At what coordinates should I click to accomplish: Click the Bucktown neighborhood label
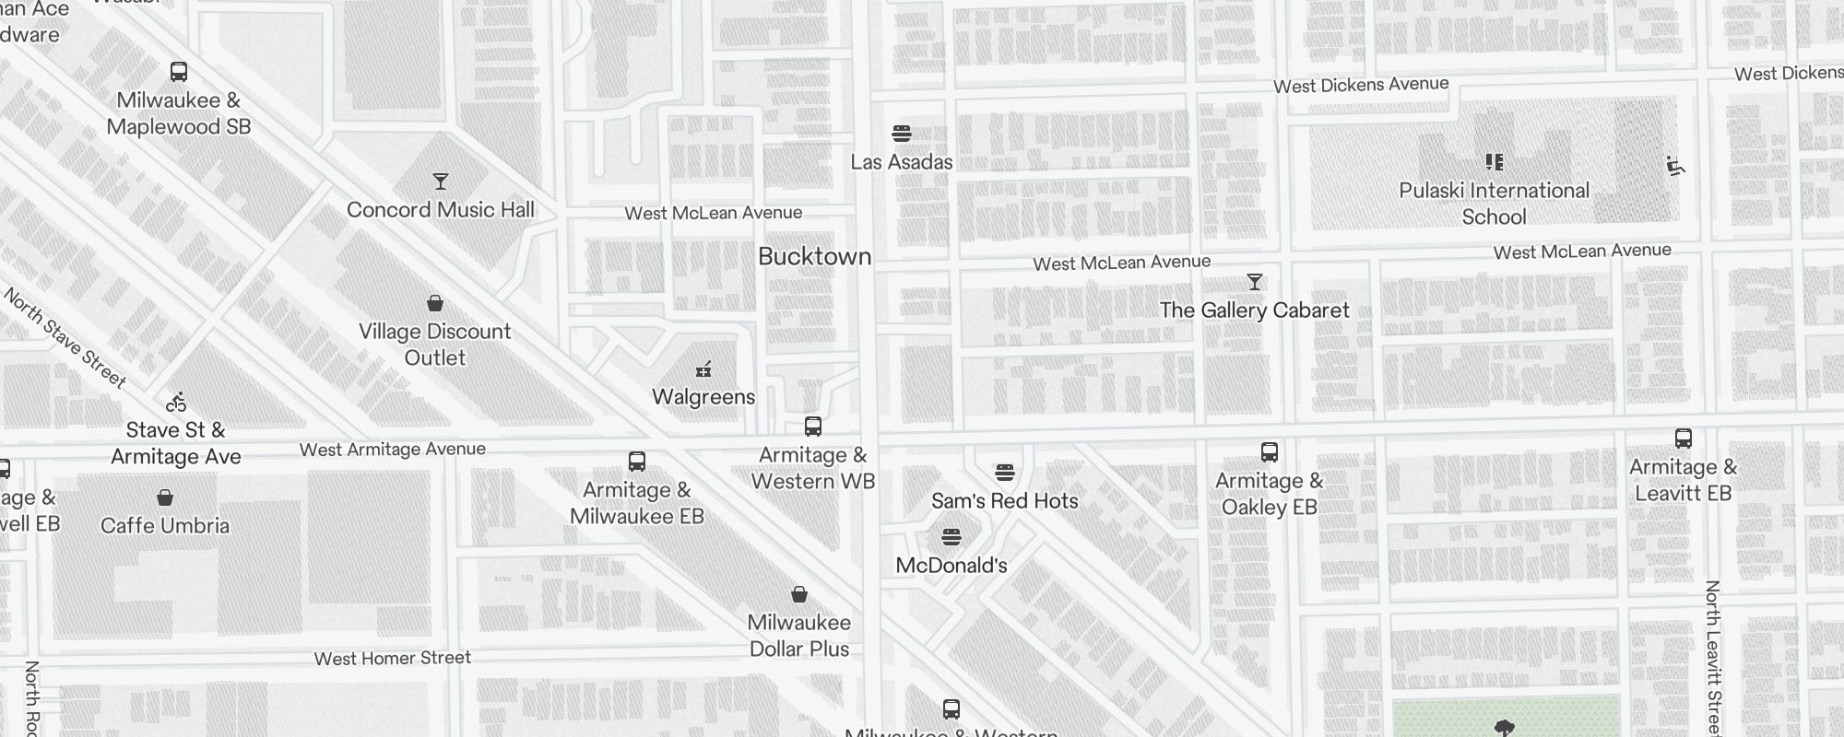tap(814, 256)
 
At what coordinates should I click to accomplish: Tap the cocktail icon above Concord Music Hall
tap(441, 181)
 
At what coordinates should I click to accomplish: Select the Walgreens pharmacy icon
tap(703, 370)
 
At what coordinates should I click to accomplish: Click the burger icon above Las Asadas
tap(902, 134)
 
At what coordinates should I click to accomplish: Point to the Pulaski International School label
tap(1494, 204)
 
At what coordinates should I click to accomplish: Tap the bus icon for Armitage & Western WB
tap(812, 427)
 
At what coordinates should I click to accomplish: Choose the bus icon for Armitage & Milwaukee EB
tap(636, 462)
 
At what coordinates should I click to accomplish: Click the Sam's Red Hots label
tap(1004, 501)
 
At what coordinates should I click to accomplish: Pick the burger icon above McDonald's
tap(952, 537)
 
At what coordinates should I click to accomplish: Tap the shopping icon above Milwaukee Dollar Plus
tap(799, 594)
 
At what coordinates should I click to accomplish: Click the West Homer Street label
tap(392, 658)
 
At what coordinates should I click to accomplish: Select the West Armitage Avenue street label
tap(392, 450)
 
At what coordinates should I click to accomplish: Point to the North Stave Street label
tap(65, 338)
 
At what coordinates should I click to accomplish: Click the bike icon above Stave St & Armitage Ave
tap(176, 402)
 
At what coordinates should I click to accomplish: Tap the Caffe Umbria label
tap(165, 526)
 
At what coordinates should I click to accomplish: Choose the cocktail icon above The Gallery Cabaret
tap(1254, 282)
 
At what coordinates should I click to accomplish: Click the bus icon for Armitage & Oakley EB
tap(1269, 452)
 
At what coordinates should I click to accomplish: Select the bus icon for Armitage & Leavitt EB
tap(1683, 439)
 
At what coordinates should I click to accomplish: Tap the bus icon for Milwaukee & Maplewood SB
tap(179, 72)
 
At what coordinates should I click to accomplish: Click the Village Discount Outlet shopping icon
tap(435, 303)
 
